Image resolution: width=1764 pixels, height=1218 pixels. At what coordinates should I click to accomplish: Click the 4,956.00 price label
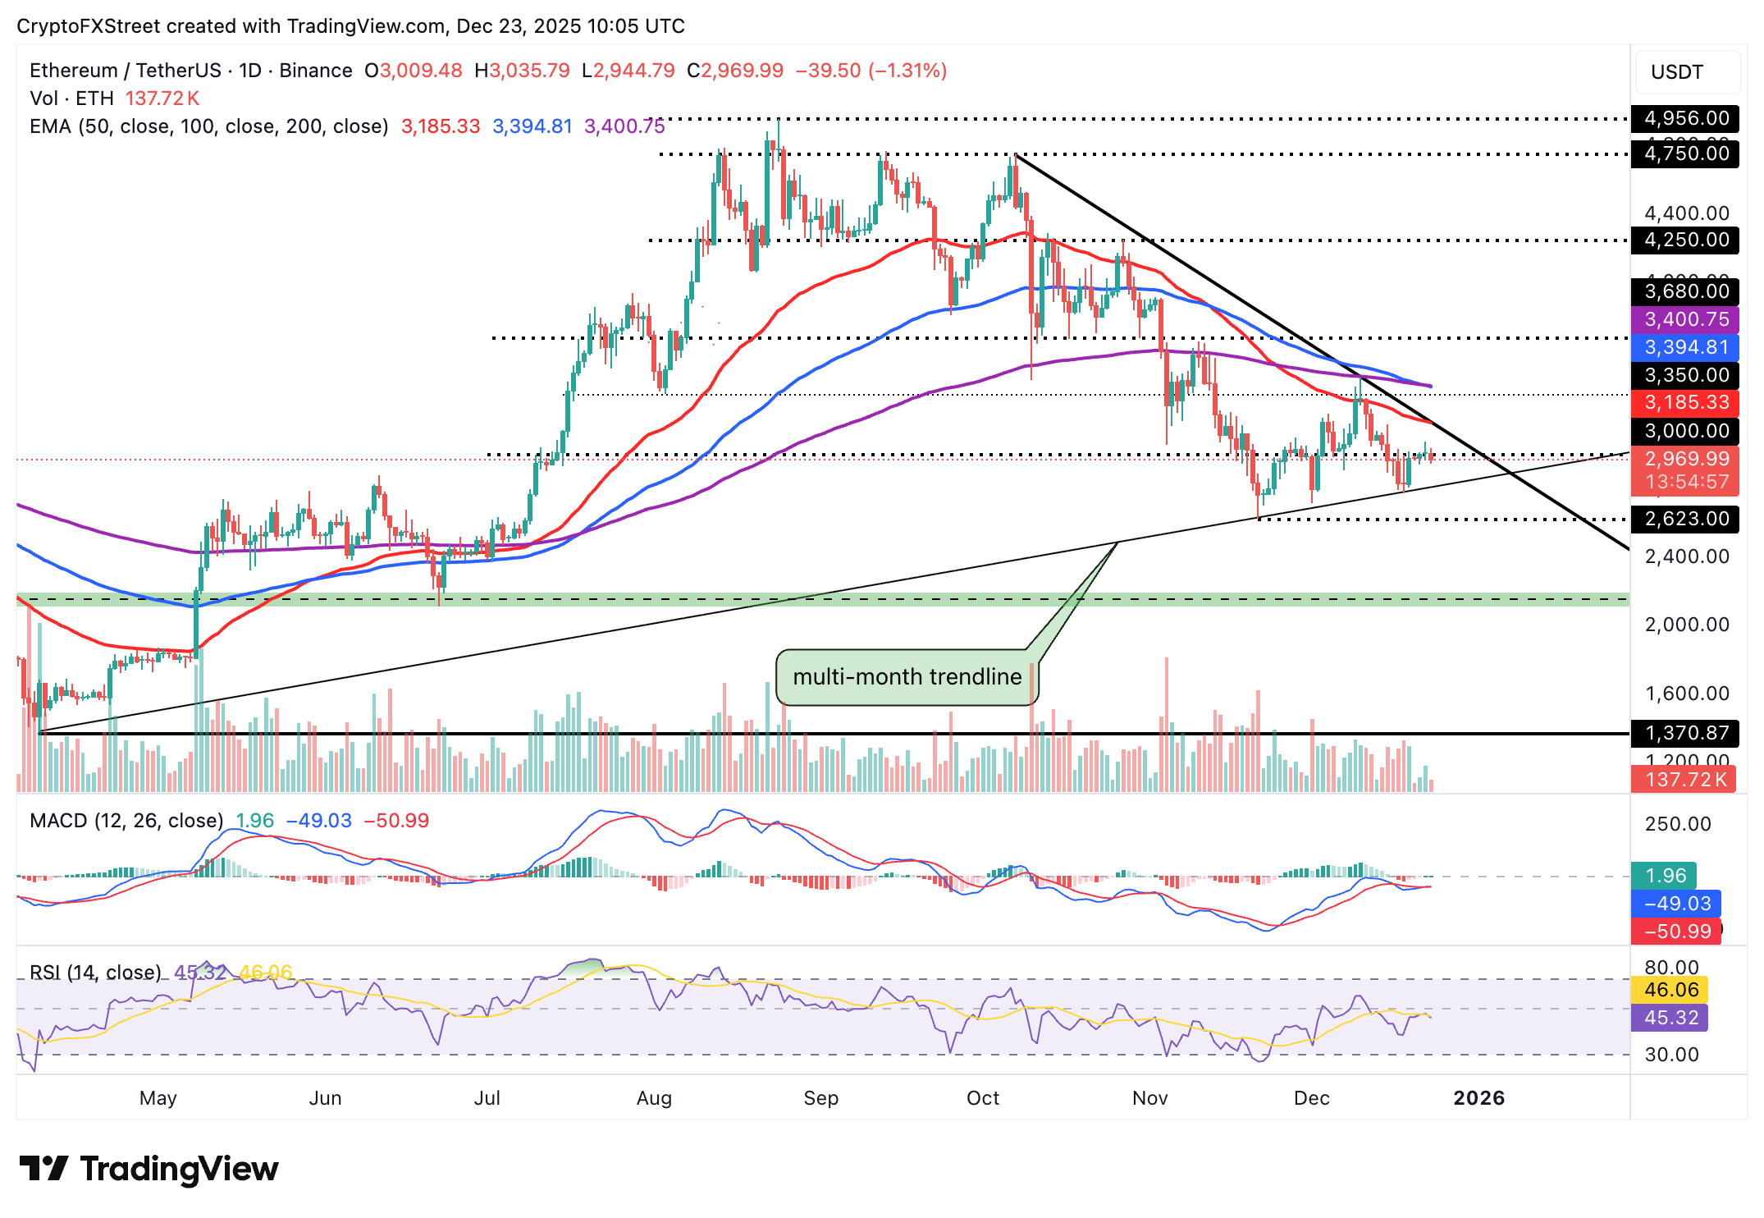1685,118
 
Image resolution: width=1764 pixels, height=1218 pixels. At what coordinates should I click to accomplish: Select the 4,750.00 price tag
1685,153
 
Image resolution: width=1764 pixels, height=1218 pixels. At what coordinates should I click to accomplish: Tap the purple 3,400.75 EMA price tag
1685,319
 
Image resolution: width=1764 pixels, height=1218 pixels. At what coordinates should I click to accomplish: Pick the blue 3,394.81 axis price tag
1685,347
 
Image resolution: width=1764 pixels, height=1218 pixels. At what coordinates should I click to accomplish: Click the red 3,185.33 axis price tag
1685,402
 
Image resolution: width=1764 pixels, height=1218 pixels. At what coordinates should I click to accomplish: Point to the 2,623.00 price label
1685,519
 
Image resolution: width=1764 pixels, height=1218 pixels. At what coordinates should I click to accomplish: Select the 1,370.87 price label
1685,733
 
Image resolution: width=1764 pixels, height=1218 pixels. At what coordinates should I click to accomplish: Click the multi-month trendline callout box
907,677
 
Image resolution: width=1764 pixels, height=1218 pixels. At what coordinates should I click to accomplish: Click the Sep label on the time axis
820,1098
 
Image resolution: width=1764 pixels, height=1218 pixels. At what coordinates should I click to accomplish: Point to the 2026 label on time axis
1478,1098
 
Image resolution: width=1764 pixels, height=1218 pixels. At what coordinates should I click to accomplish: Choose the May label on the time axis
158,1098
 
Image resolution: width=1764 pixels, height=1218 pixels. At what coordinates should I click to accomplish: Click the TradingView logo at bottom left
149,1169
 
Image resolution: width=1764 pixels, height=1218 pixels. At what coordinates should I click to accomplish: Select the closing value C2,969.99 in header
735,71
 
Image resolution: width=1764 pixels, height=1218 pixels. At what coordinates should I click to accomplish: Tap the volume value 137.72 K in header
162,98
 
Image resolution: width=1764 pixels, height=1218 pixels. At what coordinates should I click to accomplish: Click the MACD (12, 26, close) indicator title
126,821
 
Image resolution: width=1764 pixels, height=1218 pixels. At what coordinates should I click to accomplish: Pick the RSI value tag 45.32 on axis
1670,1018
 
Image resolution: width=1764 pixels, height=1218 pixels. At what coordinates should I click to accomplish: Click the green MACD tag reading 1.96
1665,876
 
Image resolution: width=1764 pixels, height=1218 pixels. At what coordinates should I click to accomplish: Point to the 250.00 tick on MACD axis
1678,824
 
